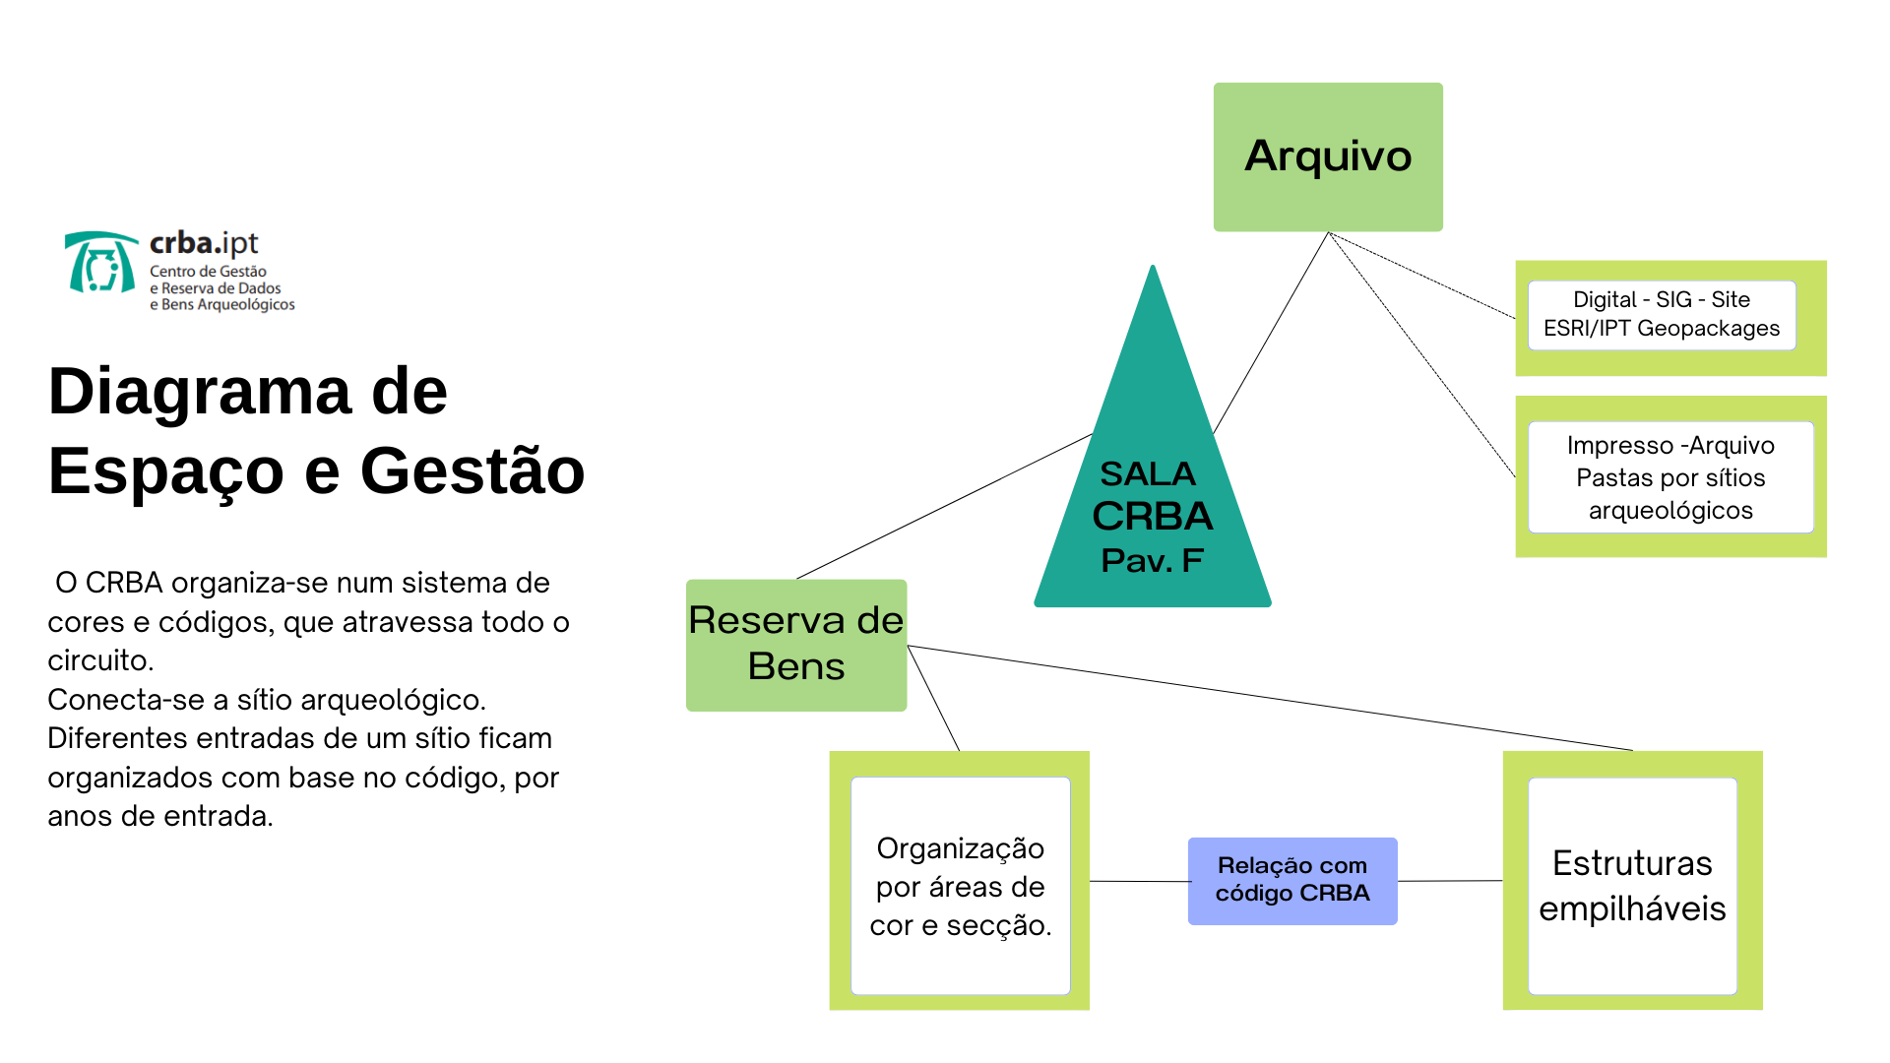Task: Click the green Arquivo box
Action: tap(1328, 157)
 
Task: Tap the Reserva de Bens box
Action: tap(796, 645)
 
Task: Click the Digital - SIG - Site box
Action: tap(1662, 315)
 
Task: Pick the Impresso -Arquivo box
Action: tap(1670, 477)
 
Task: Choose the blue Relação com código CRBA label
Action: tap(1292, 881)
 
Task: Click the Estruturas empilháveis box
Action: tap(1632, 886)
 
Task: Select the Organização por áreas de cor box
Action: tap(960, 886)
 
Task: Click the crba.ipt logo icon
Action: tap(101, 263)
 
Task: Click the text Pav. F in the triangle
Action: tap(1152, 560)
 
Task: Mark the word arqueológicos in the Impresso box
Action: tap(1670, 511)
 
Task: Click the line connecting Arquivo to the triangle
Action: tap(1271, 333)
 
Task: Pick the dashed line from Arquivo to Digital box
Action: tap(1421, 276)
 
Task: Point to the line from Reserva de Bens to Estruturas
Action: tap(1270, 698)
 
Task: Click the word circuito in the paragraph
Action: tap(100, 660)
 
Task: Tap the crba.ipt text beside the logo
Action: tap(204, 243)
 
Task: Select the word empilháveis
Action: tap(1632, 909)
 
